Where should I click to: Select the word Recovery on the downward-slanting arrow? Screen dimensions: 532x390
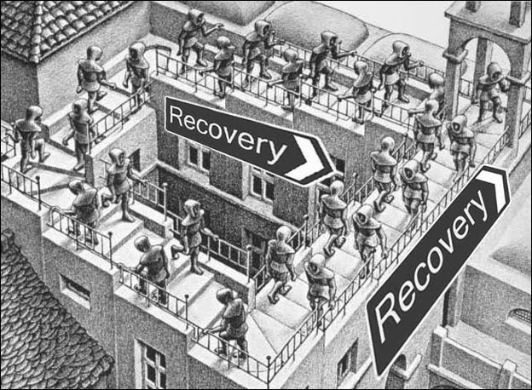point(225,134)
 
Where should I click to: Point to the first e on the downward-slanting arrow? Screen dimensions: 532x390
point(194,123)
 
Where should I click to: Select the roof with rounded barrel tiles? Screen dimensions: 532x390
point(43,26)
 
